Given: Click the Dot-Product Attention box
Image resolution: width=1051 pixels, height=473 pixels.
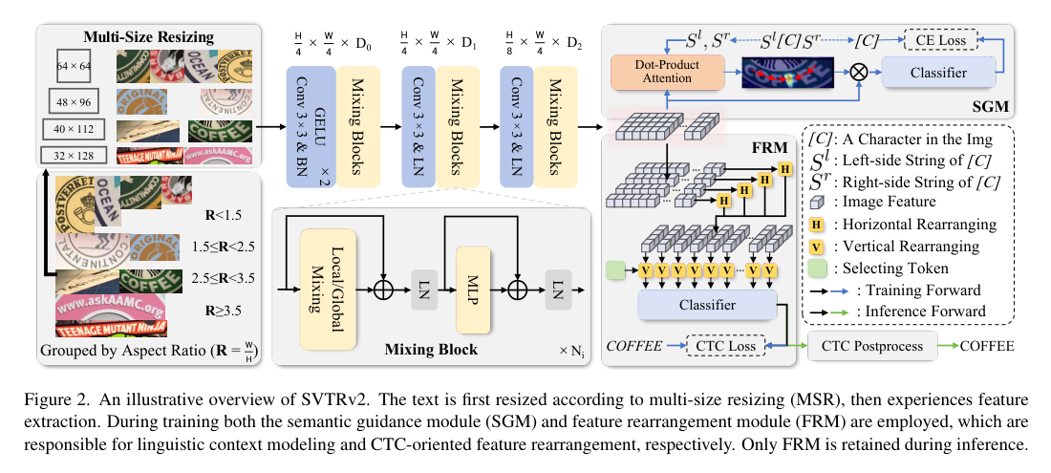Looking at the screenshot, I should click(x=654, y=72).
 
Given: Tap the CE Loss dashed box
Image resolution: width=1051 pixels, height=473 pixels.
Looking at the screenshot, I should click(x=941, y=41).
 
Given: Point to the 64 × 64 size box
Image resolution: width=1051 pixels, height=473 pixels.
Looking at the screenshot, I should click(x=75, y=66).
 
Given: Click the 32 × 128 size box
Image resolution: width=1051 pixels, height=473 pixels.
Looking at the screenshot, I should click(x=75, y=154).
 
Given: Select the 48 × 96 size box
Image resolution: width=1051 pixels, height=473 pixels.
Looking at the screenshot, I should click(x=75, y=99).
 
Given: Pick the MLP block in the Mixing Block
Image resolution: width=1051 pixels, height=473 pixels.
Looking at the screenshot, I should click(x=472, y=286).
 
